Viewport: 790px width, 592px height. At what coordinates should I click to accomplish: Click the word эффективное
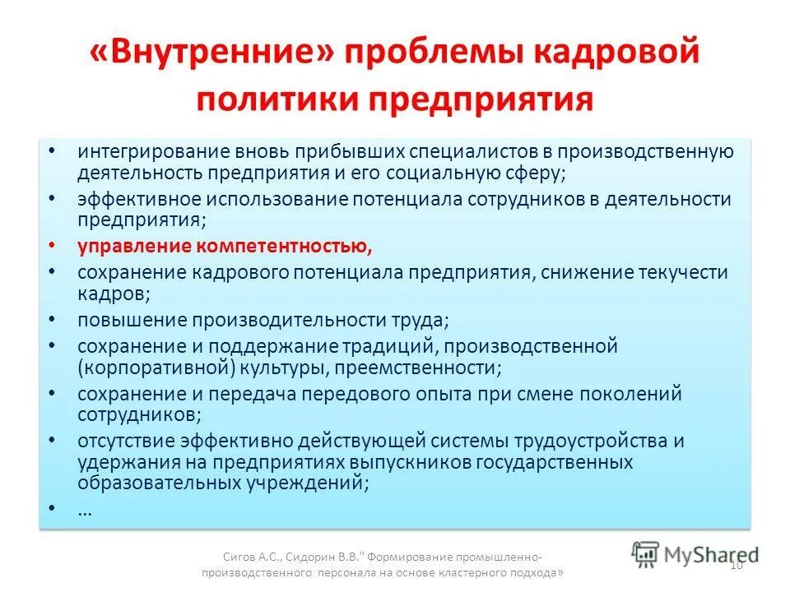[x=131, y=201]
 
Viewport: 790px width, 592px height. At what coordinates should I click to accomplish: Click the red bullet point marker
[x=53, y=246]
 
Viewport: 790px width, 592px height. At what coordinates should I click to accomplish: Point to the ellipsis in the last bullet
[x=85, y=511]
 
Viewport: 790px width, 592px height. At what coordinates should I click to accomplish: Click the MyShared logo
[x=695, y=553]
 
